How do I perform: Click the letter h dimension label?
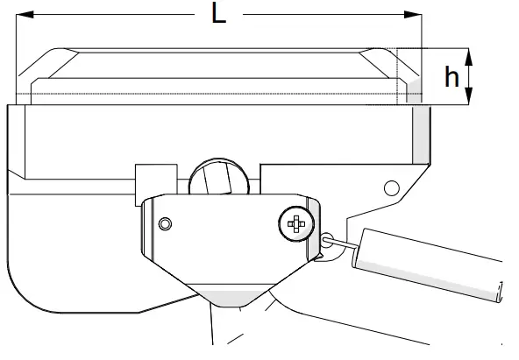pos(451,77)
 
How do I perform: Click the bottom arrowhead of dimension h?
pos(471,97)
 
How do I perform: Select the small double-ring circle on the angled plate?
pos(165,225)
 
